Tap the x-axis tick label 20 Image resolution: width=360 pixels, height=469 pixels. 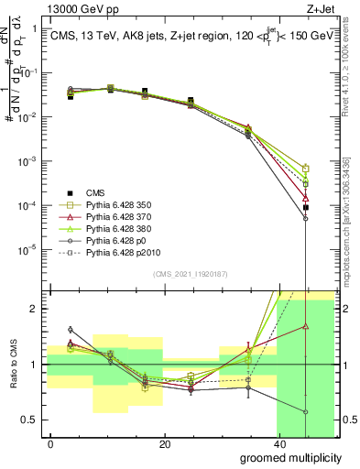(x=164, y=445)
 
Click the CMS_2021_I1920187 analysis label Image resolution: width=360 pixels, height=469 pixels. (x=191, y=274)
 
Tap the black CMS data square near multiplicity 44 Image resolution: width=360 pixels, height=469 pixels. (x=306, y=208)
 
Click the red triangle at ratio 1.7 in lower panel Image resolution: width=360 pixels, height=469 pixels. (x=306, y=325)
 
